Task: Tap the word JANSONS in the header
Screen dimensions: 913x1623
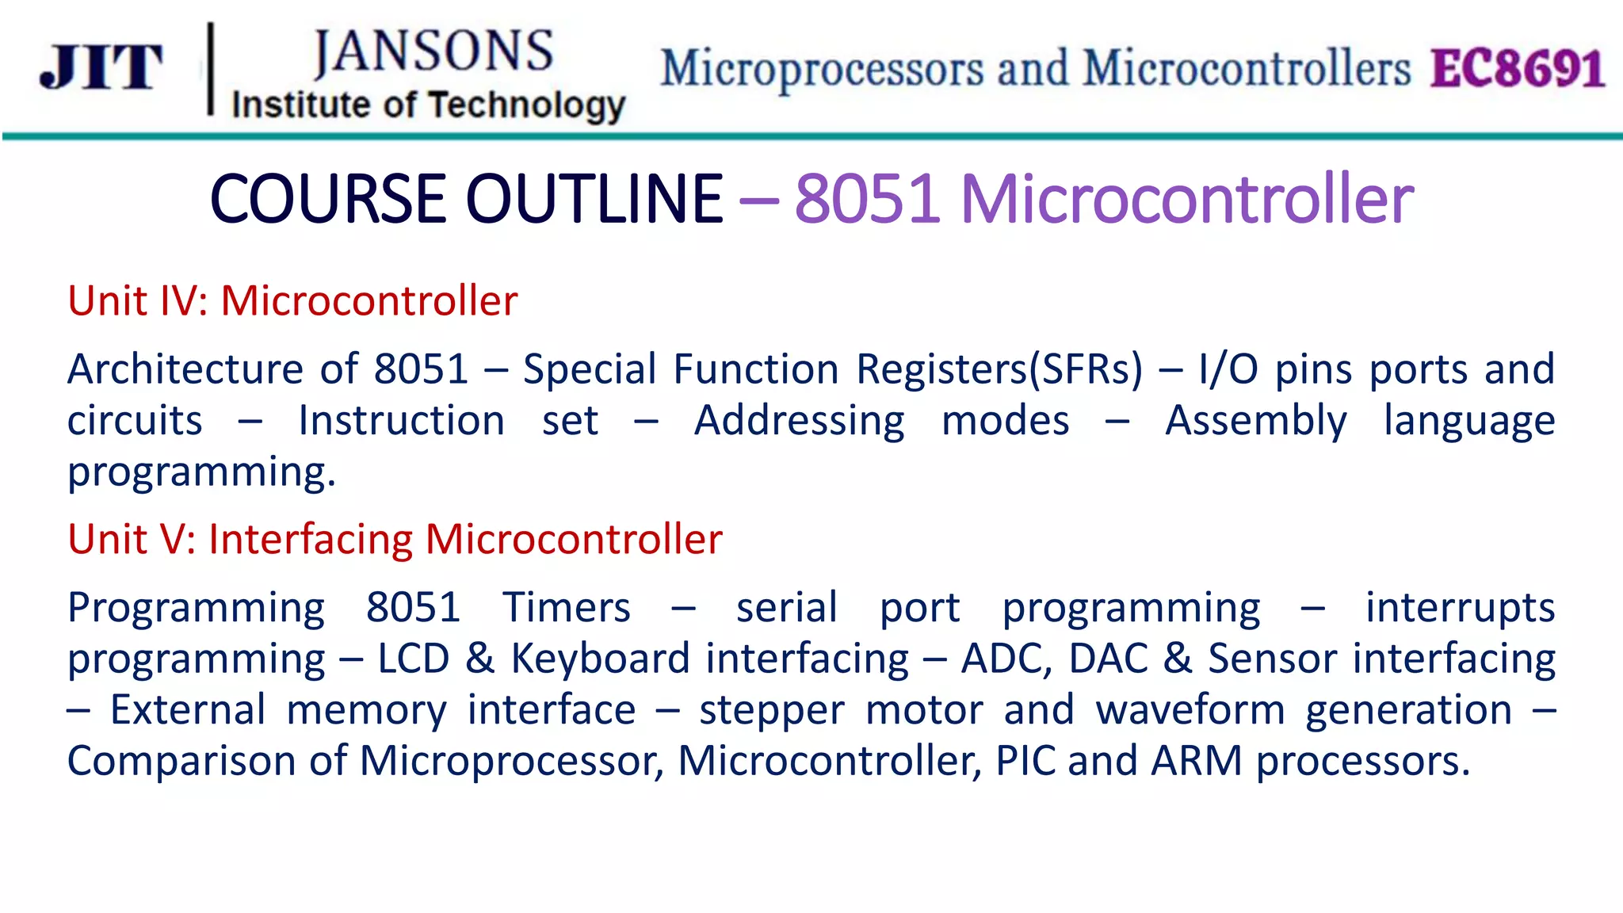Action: coord(433,52)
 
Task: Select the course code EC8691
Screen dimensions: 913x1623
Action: coord(1518,68)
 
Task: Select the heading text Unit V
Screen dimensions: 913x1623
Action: coord(130,539)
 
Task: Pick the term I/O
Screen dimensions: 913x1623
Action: coord(1228,369)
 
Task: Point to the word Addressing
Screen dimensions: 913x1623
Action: coord(799,421)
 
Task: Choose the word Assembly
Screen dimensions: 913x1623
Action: coord(1255,421)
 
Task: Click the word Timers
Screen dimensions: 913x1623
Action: coord(566,608)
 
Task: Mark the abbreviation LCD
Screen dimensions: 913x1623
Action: coord(413,659)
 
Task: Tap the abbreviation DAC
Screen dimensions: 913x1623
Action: coord(1107,659)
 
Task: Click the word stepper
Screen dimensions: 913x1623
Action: coord(771,710)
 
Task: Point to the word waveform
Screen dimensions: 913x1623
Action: coord(1190,710)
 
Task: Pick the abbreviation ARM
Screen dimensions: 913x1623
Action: coord(1196,761)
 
